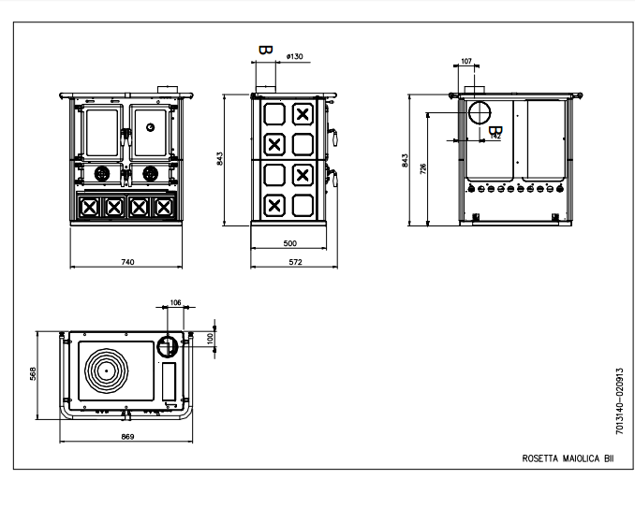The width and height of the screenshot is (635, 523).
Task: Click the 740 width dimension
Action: pos(127,262)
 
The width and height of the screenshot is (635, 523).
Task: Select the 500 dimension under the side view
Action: pos(290,243)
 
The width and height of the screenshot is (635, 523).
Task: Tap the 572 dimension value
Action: pos(296,262)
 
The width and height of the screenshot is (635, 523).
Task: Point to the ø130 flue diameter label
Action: pos(294,56)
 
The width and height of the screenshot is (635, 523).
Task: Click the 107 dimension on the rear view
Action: pos(466,61)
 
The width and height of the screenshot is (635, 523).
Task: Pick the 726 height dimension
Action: pos(423,168)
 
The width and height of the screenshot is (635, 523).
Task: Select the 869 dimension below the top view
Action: pos(127,437)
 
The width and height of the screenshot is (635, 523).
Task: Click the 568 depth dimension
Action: pos(33,373)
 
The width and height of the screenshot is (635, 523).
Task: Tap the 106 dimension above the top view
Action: pos(175,302)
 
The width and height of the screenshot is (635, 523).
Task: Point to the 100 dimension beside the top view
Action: pos(210,338)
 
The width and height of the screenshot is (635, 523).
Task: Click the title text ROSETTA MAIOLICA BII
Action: pos(568,458)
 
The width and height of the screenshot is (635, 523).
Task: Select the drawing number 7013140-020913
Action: pos(619,401)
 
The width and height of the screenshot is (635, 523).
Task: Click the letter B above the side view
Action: pos(266,51)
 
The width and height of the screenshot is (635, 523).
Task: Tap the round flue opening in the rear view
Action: pos(480,112)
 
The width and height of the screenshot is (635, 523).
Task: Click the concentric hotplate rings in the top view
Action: pos(107,370)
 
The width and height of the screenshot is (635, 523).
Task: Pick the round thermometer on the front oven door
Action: pos(150,127)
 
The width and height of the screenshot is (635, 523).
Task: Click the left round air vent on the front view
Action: pos(102,174)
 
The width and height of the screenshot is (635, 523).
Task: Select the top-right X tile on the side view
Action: pos(303,114)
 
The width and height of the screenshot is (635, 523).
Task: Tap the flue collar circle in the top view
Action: pos(167,346)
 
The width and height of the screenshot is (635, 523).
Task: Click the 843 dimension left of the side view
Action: pos(219,158)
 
